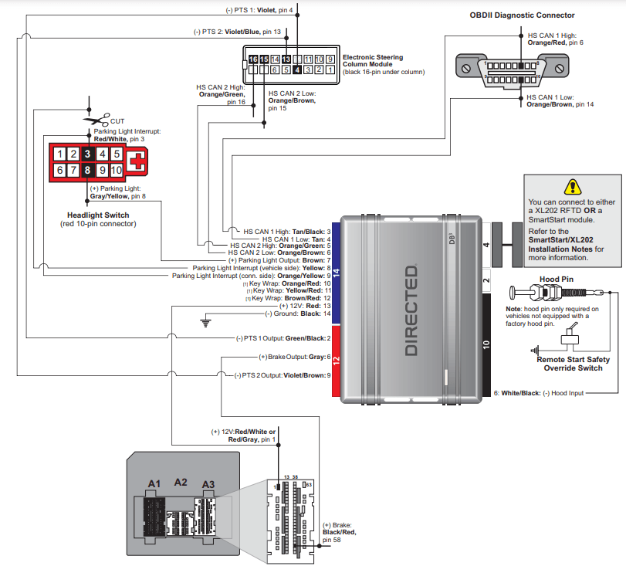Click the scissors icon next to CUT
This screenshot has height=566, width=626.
click(96, 120)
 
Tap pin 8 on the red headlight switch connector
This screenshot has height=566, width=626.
click(88, 170)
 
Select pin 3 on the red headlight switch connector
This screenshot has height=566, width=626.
click(88, 154)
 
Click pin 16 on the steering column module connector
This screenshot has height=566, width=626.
click(252, 59)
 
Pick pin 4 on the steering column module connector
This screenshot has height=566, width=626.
click(296, 69)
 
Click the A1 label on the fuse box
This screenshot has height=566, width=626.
click(154, 483)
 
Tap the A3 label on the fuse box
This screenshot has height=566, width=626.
click(208, 483)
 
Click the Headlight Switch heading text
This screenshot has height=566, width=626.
click(98, 215)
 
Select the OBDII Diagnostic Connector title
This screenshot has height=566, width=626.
click(522, 15)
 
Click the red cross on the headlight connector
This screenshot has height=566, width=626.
click(136, 161)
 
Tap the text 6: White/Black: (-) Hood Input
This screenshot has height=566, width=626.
click(538, 393)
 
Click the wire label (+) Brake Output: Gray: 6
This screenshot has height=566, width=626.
click(294, 357)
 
